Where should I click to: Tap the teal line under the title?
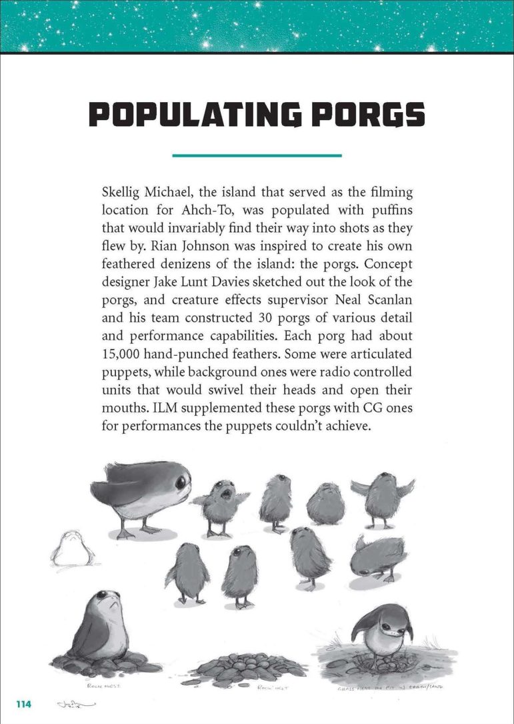(257, 155)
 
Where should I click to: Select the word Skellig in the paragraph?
(123, 192)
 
